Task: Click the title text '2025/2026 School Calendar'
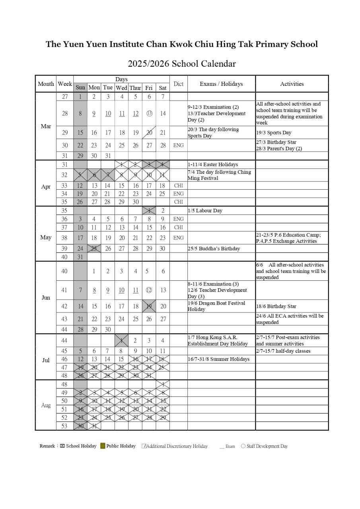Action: [x=181, y=64]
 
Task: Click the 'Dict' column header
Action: [x=178, y=84]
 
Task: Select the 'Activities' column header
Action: [x=292, y=84]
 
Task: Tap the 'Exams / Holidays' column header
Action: [x=221, y=84]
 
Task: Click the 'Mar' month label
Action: [x=46, y=126]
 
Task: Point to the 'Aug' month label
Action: [x=46, y=405]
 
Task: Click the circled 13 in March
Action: [x=149, y=113]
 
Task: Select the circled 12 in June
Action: [x=149, y=290]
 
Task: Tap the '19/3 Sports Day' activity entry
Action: [x=274, y=133]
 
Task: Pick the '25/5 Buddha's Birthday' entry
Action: [x=214, y=249]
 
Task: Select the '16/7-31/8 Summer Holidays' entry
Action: [x=218, y=359]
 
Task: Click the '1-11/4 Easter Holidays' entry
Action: [x=213, y=165]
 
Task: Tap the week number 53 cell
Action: [x=65, y=426]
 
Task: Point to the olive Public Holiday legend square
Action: [x=103, y=446]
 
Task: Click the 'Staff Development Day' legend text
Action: [x=267, y=446]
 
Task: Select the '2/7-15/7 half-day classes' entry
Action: [x=283, y=351]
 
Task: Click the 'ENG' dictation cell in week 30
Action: [x=178, y=146]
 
